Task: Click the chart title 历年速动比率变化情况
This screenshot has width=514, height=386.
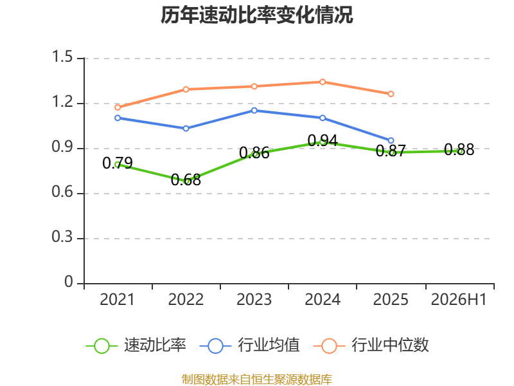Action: pyautogui.click(x=256, y=15)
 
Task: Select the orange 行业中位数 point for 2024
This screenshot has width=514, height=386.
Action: pyautogui.click(x=323, y=82)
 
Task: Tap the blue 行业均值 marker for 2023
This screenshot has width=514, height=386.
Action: pyautogui.click(x=254, y=111)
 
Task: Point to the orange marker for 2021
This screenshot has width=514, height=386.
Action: pyautogui.click(x=118, y=107)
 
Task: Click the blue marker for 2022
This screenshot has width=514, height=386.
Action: pyautogui.click(x=186, y=128)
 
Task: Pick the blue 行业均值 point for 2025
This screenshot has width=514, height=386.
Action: pyautogui.click(x=391, y=140)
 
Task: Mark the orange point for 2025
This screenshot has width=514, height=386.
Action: pyautogui.click(x=391, y=94)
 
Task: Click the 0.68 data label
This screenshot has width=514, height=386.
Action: pyautogui.click(x=186, y=180)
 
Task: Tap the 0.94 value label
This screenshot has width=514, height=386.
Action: pyautogui.click(x=323, y=140)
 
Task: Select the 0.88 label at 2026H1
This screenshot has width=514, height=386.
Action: pyautogui.click(x=459, y=150)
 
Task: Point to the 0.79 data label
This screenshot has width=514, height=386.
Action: pyautogui.click(x=118, y=163)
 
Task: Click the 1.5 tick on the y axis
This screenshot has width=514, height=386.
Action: pyautogui.click(x=62, y=57)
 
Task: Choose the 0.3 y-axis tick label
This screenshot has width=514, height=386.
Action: pyautogui.click(x=62, y=237)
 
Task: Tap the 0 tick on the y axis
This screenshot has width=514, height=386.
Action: pyautogui.click(x=69, y=282)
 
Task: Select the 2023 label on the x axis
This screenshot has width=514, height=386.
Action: pyautogui.click(x=254, y=300)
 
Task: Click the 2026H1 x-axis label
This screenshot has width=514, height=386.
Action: pyautogui.click(x=459, y=300)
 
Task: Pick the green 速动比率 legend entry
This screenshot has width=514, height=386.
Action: pyautogui.click(x=136, y=345)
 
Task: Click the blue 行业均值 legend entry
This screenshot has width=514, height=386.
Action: pyautogui.click(x=249, y=345)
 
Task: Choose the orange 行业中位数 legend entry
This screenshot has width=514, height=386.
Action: pyautogui.click(x=371, y=345)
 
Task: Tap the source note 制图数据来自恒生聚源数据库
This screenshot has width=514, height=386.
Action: pyautogui.click(x=256, y=380)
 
